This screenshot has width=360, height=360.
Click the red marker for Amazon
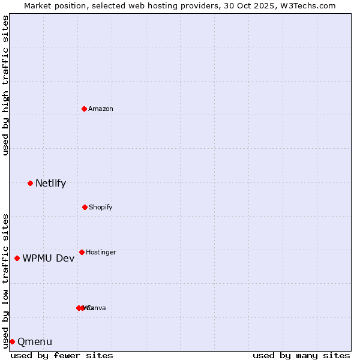pos(84,109)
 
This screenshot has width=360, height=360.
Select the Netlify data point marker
pos(30,183)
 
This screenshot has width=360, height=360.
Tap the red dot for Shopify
pos(85,207)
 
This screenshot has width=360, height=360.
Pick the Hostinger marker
pos(82,252)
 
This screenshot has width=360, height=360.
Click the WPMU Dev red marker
pos(17,258)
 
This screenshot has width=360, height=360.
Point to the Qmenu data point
pos(12,341)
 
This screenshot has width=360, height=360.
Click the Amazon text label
pos(101,109)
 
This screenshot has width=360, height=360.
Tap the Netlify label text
pos(50,184)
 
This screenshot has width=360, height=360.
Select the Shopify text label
pos(101,207)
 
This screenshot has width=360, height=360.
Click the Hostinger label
pos(101,252)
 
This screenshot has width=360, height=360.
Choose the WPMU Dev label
pos(49,259)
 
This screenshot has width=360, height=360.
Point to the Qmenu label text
pos(35,342)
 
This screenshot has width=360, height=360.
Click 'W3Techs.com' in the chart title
pos(307,5)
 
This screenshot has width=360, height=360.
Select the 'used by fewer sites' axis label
pos(62,355)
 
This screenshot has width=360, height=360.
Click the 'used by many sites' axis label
pos(301,355)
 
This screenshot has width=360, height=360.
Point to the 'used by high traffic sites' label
pos(5,85)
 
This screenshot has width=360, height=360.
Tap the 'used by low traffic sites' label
pos(5,280)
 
